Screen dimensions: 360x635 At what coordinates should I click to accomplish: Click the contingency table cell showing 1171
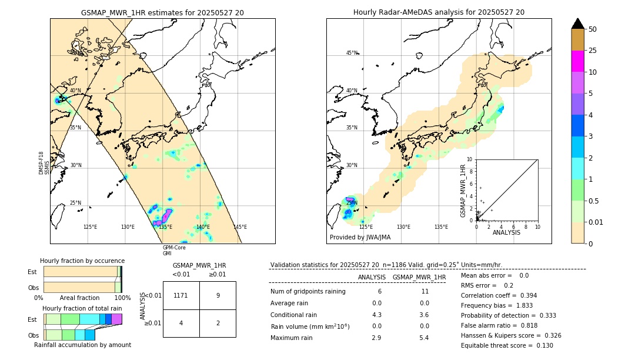pyautogui.click(x=181, y=295)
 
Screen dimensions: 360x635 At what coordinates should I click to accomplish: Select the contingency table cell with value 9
pyautogui.click(x=218, y=295)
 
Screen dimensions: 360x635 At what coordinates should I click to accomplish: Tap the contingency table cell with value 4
pyautogui.click(x=181, y=324)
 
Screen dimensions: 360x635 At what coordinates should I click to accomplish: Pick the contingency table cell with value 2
pyautogui.click(x=218, y=324)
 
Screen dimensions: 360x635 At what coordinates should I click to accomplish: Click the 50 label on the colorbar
pyautogui.click(x=593, y=29)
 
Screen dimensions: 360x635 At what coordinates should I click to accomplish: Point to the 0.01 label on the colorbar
pyautogui.click(x=596, y=222)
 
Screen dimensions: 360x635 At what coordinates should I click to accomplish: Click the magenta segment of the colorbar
pyautogui.click(x=577, y=61)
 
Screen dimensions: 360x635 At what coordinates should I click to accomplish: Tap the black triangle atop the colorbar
pyautogui.click(x=577, y=24)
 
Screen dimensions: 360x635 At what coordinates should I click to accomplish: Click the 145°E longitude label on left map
pyautogui.click(x=240, y=227)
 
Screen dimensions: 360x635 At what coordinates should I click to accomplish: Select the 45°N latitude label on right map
pyautogui.click(x=352, y=54)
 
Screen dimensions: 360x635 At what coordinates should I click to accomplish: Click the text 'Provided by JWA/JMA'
pyautogui.click(x=360, y=238)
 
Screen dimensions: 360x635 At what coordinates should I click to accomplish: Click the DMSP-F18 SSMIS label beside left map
pyautogui.click(x=41, y=163)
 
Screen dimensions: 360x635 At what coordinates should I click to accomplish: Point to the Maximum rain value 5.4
pyautogui.click(x=423, y=338)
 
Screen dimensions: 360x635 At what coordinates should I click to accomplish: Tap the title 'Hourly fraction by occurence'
pyautogui.click(x=82, y=261)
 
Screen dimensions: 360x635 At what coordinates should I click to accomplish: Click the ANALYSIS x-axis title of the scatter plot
pyautogui.click(x=506, y=232)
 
